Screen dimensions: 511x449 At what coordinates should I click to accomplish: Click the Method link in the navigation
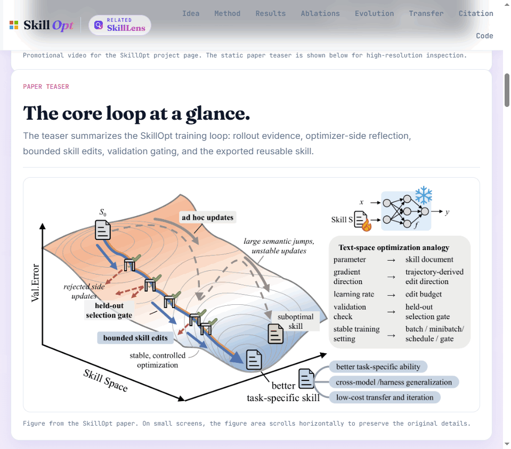pyautogui.click(x=227, y=13)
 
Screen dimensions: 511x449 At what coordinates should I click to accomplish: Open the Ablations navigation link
pyautogui.click(x=320, y=13)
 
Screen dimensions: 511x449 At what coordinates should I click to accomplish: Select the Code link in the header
pyautogui.click(x=484, y=36)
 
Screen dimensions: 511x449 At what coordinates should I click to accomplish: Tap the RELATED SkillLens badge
pyautogui.click(x=119, y=25)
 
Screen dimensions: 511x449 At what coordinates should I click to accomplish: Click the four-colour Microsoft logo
pyautogui.click(x=14, y=25)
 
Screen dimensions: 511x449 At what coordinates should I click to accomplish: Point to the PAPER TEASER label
pyautogui.click(x=46, y=87)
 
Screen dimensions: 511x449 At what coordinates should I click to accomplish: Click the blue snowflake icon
pyautogui.click(x=423, y=195)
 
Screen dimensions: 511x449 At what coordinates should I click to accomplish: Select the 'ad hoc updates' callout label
pyautogui.click(x=208, y=218)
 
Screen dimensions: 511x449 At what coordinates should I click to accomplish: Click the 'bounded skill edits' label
pyautogui.click(x=135, y=338)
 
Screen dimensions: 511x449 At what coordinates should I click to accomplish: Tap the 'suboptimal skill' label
pyautogui.click(x=295, y=321)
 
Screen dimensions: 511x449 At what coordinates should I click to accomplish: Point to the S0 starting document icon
pyautogui.click(x=103, y=230)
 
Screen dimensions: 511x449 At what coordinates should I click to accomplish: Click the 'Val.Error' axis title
pyautogui.click(x=35, y=282)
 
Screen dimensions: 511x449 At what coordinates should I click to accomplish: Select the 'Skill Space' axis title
pyautogui.click(x=106, y=380)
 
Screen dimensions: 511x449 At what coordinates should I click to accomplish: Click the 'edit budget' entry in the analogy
pyautogui.click(x=423, y=294)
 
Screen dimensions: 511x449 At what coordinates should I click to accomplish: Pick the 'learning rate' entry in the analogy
pyautogui.click(x=354, y=294)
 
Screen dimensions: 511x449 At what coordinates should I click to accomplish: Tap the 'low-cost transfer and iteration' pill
pyautogui.click(x=385, y=397)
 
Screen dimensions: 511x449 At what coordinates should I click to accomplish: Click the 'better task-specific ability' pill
pyautogui.click(x=378, y=367)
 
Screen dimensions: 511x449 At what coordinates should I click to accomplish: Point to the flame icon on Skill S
pyautogui.click(x=367, y=225)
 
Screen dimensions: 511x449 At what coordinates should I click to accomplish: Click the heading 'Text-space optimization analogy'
pyautogui.click(x=394, y=247)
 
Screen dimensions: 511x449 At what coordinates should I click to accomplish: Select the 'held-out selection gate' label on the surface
pyautogui.click(x=109, y=310)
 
